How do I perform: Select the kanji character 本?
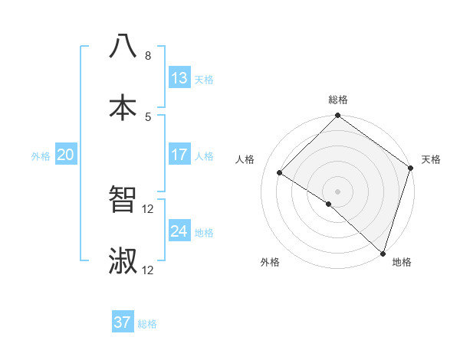coord(123,106)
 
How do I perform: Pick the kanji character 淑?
coord(123,260)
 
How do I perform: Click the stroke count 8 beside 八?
coord(147,55)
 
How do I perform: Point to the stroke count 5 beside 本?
coord(147,116)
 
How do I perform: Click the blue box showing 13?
coord(179,79)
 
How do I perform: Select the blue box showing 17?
coord(179,155)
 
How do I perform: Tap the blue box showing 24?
coord(179,232)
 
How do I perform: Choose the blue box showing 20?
coord(66,155)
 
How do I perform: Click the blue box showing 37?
coord(123,322)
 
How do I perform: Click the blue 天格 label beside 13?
coord(204,80)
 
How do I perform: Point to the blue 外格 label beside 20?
coord(41,156)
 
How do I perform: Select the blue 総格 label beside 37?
coord(147,324)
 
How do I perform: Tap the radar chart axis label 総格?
coord(337,100)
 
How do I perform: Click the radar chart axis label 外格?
coord(270,262)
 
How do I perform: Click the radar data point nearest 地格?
coord(383,253)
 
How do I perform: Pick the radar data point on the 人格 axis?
coord(280,172)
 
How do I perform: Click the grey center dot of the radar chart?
coord(337,191)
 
